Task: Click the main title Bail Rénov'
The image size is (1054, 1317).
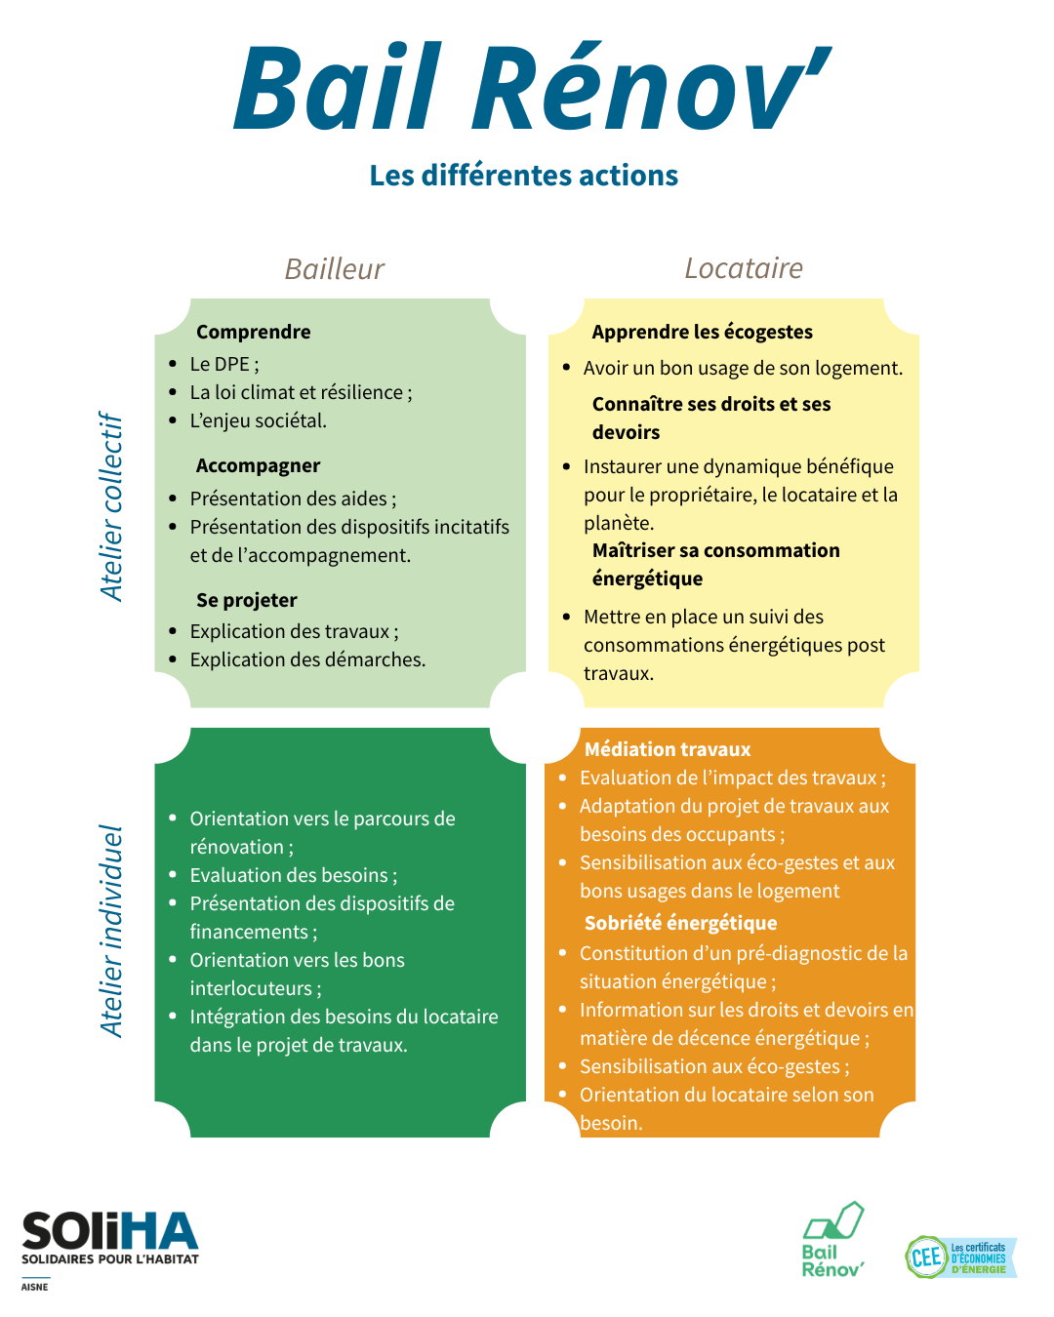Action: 532,86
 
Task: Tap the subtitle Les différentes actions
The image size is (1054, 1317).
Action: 524,176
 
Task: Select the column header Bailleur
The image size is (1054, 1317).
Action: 335,269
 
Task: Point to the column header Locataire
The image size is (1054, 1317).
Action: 744,268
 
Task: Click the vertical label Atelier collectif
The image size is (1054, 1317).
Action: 111,506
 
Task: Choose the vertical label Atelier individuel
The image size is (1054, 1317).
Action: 111,931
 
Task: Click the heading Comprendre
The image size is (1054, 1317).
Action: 253,333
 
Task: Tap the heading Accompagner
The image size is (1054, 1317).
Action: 258,466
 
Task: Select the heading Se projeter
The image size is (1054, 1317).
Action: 246,600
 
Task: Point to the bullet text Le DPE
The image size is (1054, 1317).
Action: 224,364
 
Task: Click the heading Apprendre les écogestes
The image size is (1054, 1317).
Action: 702,333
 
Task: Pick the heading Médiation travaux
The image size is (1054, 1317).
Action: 667,749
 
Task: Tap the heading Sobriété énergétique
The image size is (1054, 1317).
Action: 680,923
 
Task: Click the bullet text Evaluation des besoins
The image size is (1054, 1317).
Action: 294,876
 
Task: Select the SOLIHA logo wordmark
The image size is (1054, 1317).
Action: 110,1231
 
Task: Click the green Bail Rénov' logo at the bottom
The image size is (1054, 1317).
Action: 832,1240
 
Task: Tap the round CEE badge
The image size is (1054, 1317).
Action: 926,1257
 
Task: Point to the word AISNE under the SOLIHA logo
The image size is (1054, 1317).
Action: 34,1287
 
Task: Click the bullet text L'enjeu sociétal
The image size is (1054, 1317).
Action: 258,421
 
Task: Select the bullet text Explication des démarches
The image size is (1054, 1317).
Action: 307,659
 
